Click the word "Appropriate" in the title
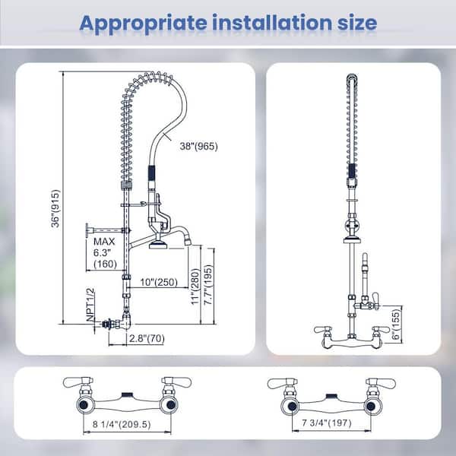[143, 23]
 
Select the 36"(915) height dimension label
[55, 208]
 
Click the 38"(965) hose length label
[198, 146]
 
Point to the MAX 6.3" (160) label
[105, 253]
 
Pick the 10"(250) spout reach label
[159, 282]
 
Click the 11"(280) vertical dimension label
[196, 287]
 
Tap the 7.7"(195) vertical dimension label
[208, 285]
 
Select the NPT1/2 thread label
[90, 305]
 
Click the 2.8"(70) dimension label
[147, 338]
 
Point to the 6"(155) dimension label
[396, 325]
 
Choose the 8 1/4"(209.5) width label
[122, 424]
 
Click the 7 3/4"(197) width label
[326, 423]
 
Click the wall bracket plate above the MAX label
[87, 231]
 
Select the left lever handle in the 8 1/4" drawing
[78, 382]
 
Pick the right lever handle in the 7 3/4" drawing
[381, 383]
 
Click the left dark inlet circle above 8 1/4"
[84, 405]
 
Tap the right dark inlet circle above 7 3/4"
[370, 407]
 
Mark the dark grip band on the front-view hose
[352, 170]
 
